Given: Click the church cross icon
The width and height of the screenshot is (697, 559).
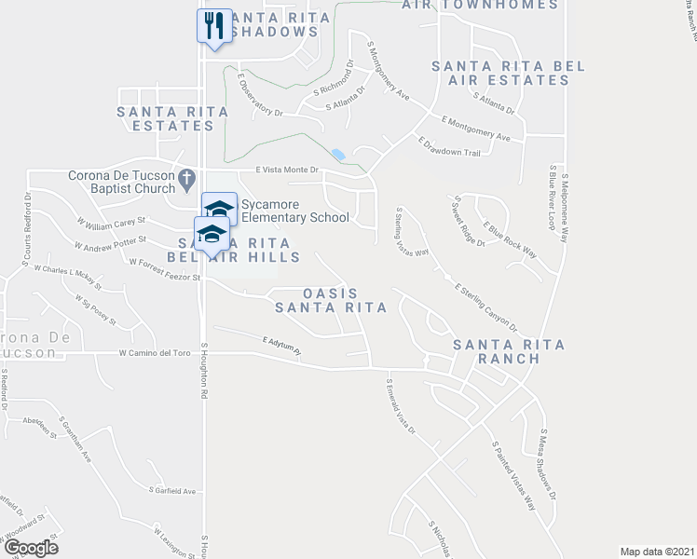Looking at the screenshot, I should (x=186, y=175).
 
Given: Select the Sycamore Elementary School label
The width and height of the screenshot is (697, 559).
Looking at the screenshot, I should (x=294, y=211).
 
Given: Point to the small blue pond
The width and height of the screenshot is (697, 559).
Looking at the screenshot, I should (x=337, y=155).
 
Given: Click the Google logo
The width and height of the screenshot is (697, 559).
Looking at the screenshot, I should (x=30, y=548).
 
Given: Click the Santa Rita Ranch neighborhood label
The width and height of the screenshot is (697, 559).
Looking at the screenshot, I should (x=509, y=351).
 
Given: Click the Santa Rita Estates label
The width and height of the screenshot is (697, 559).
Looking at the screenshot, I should (x=171, y=118).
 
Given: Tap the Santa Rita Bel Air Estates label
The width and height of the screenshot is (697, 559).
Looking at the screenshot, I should (x=500, y=73).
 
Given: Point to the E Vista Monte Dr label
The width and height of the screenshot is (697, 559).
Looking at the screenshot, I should (x=288, y=170).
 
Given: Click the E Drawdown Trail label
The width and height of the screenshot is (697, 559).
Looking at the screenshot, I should (x=448, y=148).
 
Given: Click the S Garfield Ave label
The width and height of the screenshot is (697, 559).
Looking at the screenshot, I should (x=172, y=490).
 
